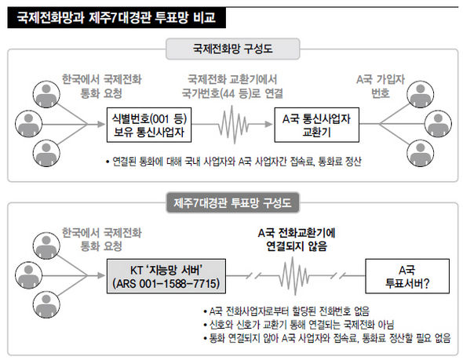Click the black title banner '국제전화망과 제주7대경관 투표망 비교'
tap(117, 18)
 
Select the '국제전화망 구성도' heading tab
tap(233, 49)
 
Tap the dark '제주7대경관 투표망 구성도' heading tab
tap(233, 202)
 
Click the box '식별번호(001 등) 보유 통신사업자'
tap(149, 125)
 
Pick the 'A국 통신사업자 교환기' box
tap(316, 125)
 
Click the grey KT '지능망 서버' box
tap(166, 276)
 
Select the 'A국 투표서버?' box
tap(407, 276)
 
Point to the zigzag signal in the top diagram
tap(233, 125)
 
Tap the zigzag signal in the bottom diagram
tap(294, 276)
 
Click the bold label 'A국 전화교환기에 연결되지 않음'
tap(297, 239)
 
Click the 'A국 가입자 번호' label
tap(381, 86)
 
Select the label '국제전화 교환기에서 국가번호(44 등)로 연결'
tap(232, 86)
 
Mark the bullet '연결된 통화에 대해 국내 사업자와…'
tap(233, 162)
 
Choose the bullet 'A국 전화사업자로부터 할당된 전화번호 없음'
tap(286, 311)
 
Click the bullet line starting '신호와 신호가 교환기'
tap(298, 325)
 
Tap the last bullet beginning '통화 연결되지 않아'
tap(327, 338)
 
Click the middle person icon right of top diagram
tap(438, 124)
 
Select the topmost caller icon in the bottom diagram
tap(46, 245)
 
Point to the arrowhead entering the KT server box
tap(101, 276)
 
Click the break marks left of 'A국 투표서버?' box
tap(338, 276)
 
